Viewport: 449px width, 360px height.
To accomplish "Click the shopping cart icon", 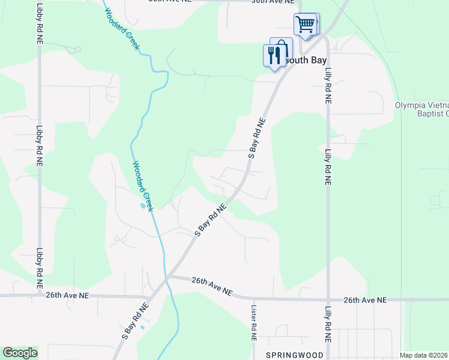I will [x=305, y=25].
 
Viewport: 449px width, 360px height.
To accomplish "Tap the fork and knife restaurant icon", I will [x=274, y=55].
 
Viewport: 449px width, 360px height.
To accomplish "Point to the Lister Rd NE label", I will [x=253, y=322].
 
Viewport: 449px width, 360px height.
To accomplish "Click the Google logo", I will [x=20, y=353].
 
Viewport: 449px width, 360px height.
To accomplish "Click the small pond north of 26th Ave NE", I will [x=142, y=206].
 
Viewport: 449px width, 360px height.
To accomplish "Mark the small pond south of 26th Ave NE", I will [x=142, y=327].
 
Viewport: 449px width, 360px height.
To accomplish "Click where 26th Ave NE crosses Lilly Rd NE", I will [x=328, y=299].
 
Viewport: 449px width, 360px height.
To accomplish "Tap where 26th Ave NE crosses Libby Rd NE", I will [x=39, y=295].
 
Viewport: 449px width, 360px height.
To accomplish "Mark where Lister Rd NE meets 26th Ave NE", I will [x=253, y=298].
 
